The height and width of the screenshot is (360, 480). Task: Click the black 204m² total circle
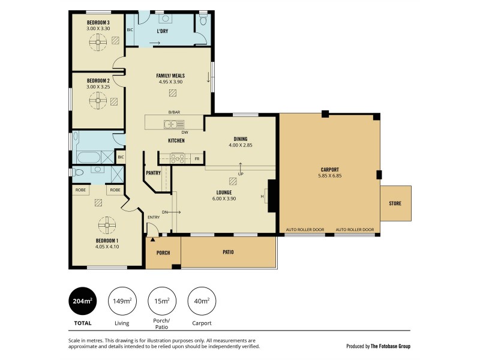tap(82, 302)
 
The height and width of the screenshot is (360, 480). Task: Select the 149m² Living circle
tap(122, 302)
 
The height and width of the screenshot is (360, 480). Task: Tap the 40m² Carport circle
tap(202, 302)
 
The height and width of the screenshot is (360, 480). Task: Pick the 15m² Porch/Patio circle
tap(162, 302)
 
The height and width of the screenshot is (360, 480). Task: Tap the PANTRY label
tap(152, 173)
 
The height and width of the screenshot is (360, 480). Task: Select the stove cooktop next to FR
tap(177, 158)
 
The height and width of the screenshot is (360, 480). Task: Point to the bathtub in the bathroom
tap(90, 158)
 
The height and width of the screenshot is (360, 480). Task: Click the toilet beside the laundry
tap(203, 22)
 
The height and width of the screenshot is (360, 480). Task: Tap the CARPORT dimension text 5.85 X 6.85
tap(329, 176)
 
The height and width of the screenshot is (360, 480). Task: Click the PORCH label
tap(163, 252)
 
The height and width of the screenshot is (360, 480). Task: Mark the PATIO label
tap(228, 252)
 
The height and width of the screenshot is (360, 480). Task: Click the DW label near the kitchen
tap(184, 131)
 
